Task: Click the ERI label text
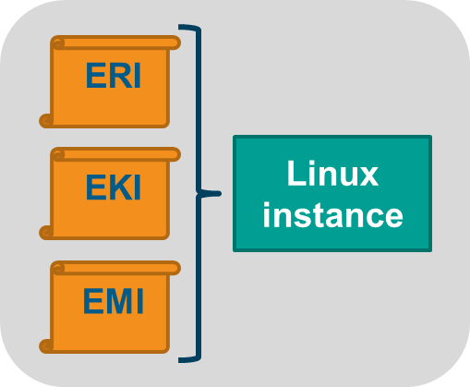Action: coord(114,76)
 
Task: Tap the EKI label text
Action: coord(114,187)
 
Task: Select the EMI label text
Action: coord(114,301)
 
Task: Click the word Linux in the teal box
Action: coord(332,173)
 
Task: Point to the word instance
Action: coord(332,214)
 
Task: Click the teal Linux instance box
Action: coord(332,193)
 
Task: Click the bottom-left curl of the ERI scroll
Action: coord(46,120)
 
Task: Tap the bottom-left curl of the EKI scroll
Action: coord(46,233)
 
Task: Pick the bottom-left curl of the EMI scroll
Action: coord(46,346)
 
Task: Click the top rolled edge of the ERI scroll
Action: coord(115,42)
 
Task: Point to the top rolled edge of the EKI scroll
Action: coord(115,154)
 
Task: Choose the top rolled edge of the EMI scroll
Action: coord(115,268)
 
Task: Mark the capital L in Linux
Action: coord(295,173)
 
